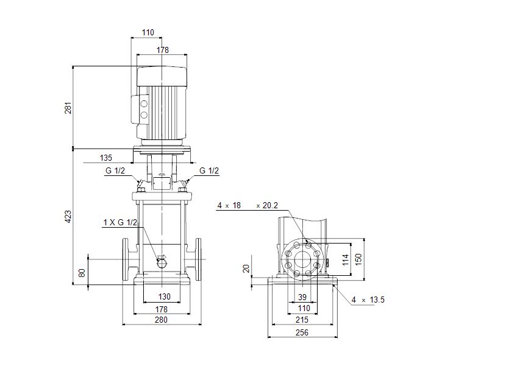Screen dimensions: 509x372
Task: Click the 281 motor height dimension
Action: [x=68, y=108]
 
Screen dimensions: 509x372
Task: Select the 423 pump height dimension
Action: [x=68, y=216]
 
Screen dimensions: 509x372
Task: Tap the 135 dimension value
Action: [x=106, y=158]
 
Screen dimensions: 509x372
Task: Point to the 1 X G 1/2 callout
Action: [x=121, y=222]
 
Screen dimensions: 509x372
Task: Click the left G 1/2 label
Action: [x=115, y=170]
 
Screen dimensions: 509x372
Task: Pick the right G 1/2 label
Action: [x=209, y=170]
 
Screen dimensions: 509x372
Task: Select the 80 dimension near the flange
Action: [x=82, y=272]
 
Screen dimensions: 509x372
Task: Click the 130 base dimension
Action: [x=164, y=297]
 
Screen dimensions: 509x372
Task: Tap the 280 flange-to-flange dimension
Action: [x=161, y=320]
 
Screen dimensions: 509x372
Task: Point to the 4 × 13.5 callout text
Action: [x=368, y=300]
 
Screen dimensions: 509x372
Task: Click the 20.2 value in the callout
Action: [x=271, y=205]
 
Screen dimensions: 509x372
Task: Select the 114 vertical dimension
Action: [x=346, y=259]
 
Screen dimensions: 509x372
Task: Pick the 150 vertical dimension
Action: [x=358, y=259]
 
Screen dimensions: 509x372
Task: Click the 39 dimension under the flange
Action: [x=302, y=297]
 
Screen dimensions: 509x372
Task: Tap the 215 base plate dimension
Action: [x=302, y=320]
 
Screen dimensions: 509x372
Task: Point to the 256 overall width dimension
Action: [x=302, y=332]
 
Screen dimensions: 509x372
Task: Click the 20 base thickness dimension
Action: [x=246, y=268]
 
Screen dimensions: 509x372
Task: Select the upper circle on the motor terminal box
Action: [x=143, y=104]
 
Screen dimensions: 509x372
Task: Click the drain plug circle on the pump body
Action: [x=162, y=264]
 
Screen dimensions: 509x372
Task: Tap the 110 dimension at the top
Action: [x=148, y=32]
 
